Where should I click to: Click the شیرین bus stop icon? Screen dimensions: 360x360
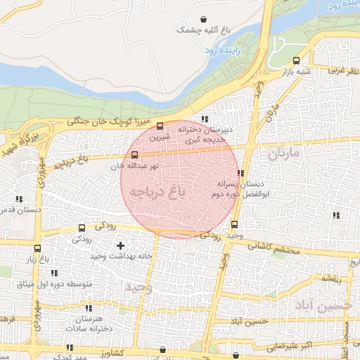[160, 127]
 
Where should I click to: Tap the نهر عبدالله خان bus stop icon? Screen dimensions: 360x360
[134, 155]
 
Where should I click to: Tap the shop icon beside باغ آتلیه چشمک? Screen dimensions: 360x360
[203, 19]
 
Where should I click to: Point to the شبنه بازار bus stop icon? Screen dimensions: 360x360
[296, 60]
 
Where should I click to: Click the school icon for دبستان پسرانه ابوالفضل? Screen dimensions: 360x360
[240, 172]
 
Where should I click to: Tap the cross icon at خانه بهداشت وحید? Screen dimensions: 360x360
[120, 246]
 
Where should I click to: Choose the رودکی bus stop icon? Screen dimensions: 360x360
[82, 228]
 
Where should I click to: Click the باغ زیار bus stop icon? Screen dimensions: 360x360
[37, 248]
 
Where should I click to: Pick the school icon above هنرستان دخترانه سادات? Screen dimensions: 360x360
[89, 308]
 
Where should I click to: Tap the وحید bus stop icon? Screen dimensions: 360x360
[234, 224]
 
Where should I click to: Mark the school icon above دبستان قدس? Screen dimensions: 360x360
[19, 199]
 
